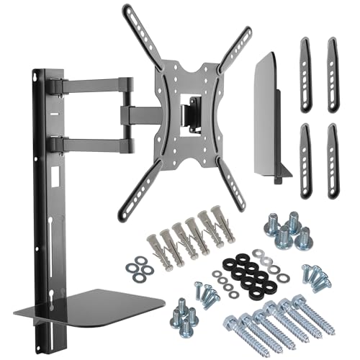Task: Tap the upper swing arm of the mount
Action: [x=94, y=86]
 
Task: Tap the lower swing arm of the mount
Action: [x=94, y=143]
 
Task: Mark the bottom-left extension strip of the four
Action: [x=304, y=154]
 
